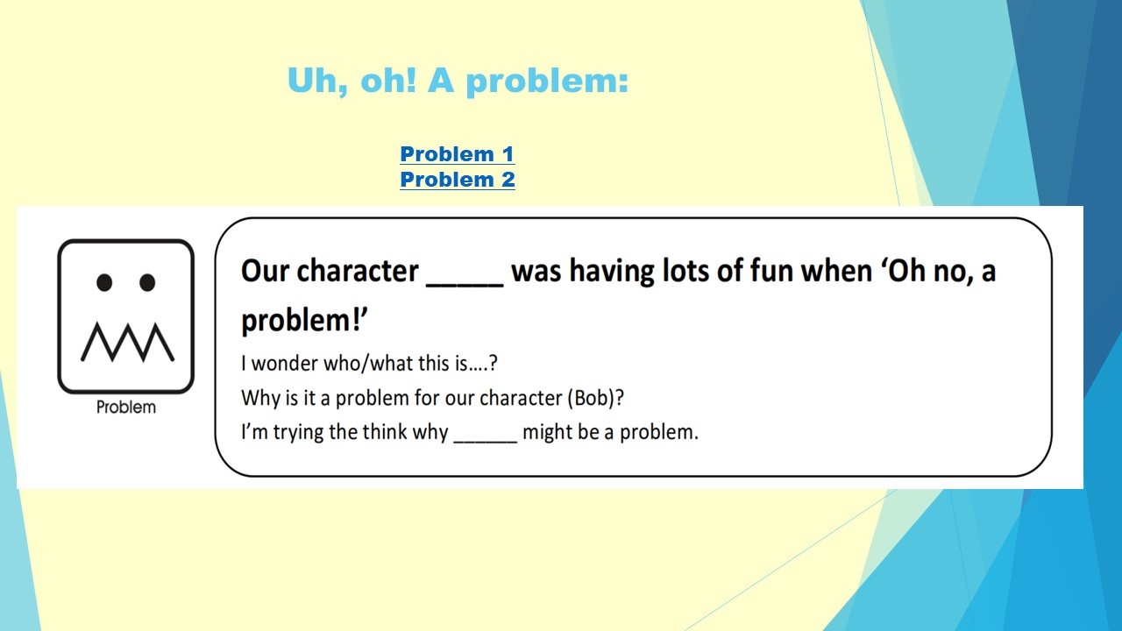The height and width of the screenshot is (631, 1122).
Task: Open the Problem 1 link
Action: click(x=458, y=153)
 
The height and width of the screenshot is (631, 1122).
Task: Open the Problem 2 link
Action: click(x=458, y=180)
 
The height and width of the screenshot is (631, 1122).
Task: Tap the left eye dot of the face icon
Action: click(x=104, y=282)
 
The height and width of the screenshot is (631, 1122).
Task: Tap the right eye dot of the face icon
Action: click(x=147, y=282)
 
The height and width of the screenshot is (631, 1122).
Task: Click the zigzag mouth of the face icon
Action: click(x=127, y=342)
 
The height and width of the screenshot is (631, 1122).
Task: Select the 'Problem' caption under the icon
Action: click(x=125, y=408)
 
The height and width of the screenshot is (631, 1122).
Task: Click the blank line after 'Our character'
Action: click(x=465, y=286)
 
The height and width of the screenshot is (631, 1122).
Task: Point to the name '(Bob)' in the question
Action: click(x=595, y=399)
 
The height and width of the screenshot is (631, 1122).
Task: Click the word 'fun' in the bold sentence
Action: click(x=772, y=271)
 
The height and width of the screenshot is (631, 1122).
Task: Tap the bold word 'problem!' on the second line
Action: click(x=304, y=322)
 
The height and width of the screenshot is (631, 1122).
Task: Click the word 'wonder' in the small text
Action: click(x=284, y=364)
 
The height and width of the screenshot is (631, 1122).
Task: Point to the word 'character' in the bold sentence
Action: click(x=357, y=271)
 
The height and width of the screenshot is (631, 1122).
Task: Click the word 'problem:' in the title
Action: click(x=547, y=82)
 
